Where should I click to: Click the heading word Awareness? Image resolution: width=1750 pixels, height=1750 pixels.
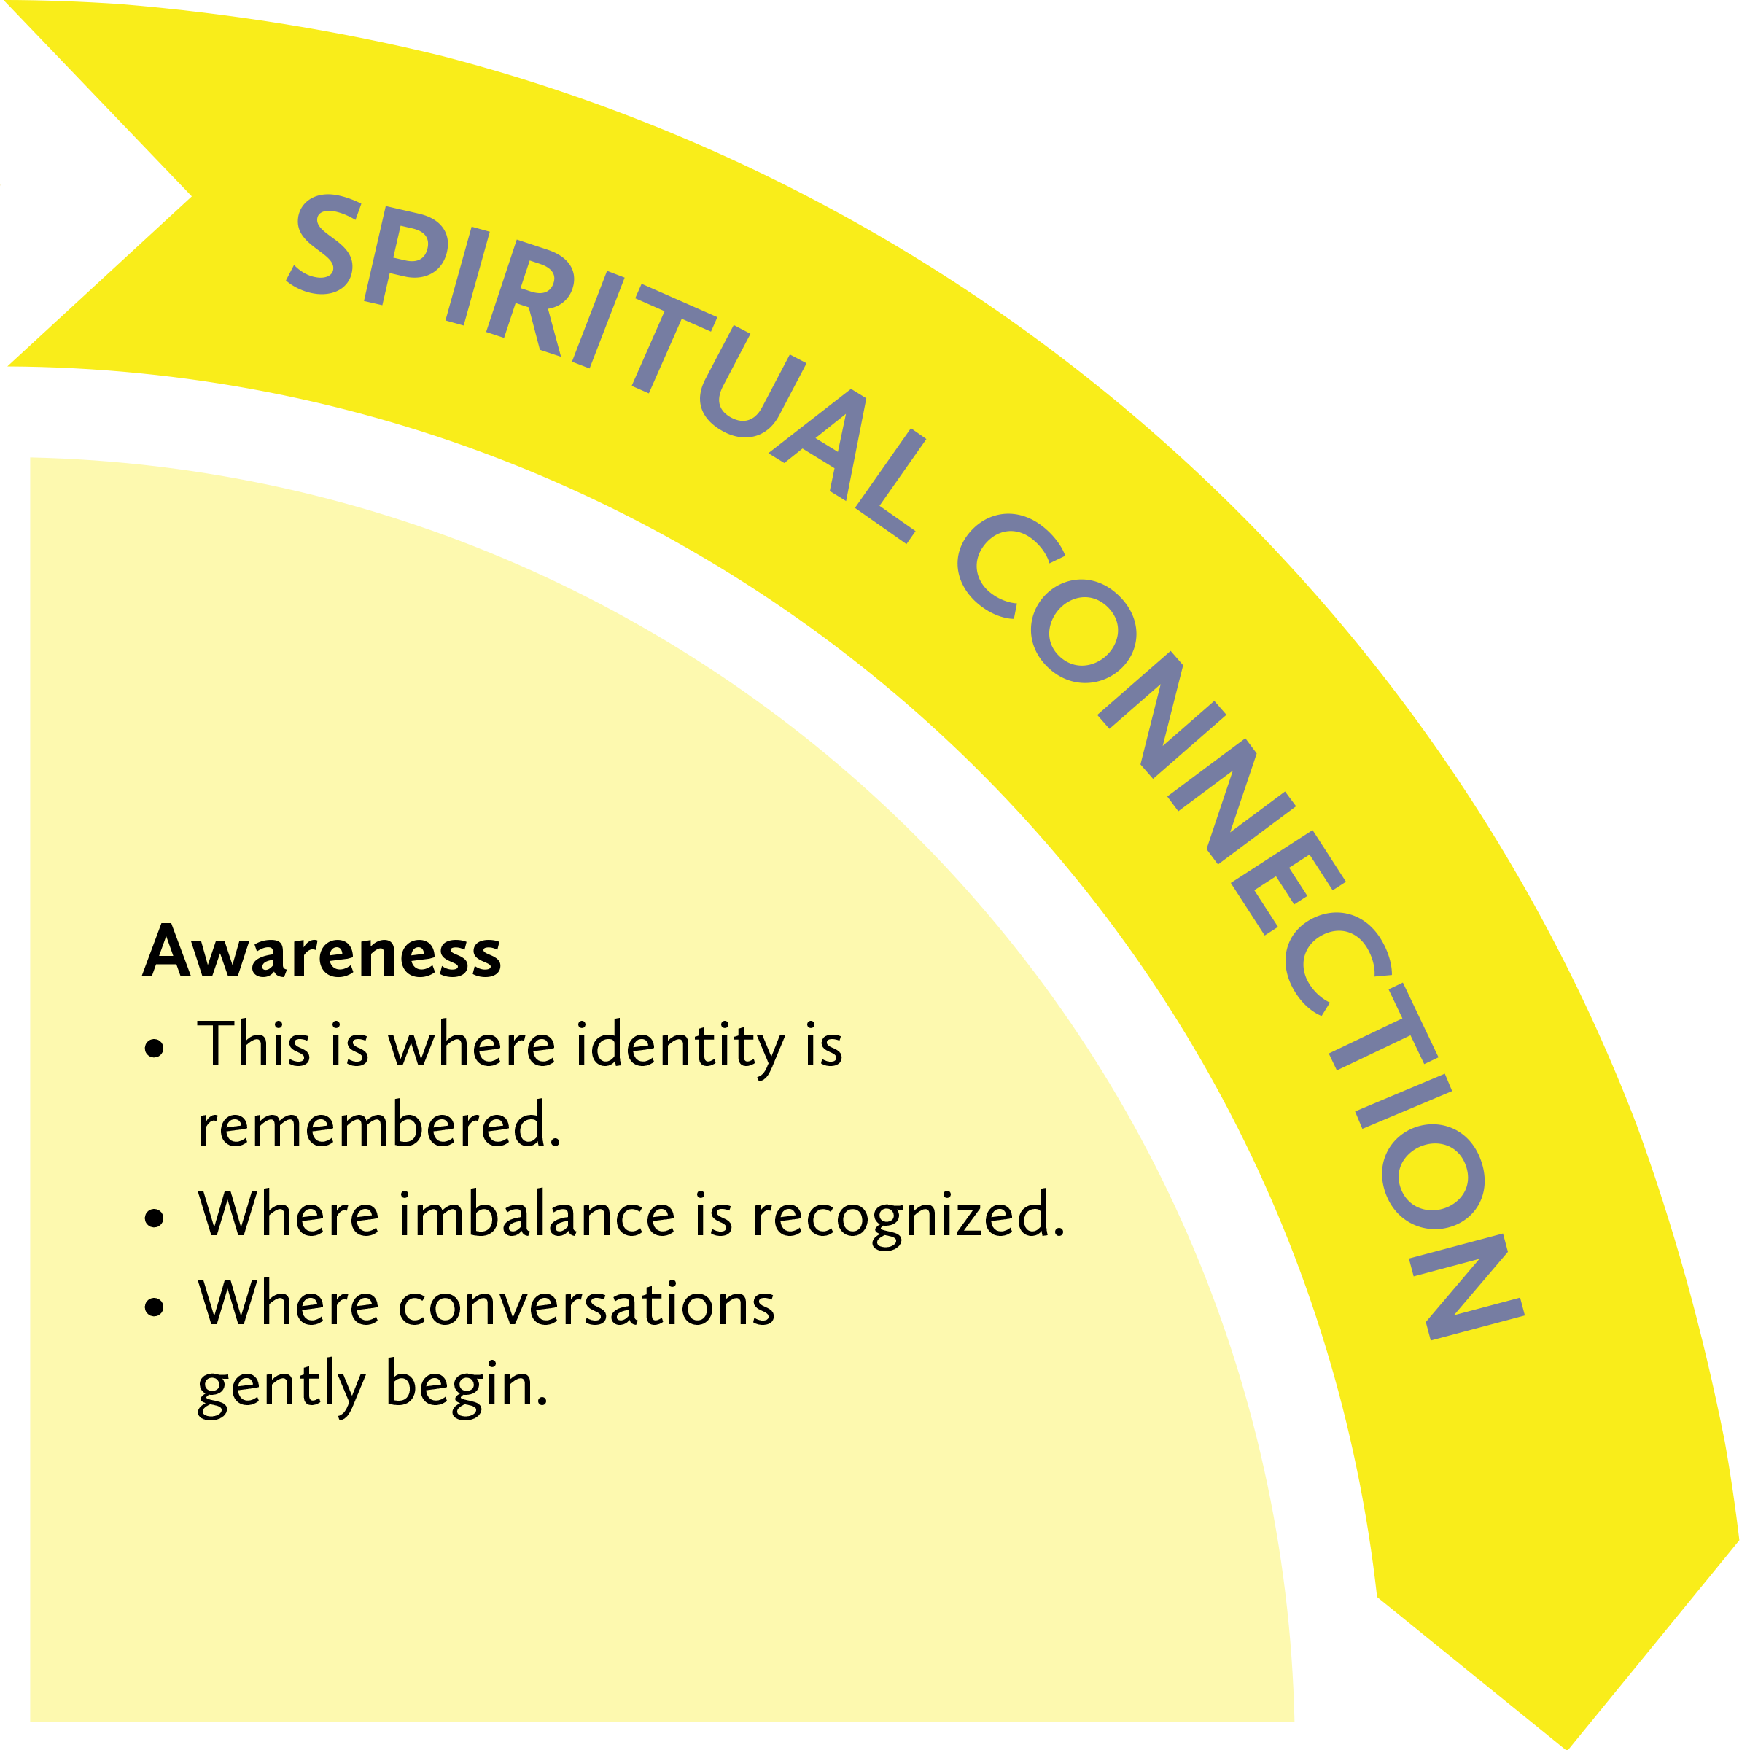322,954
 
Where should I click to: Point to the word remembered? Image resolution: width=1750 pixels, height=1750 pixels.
378,1126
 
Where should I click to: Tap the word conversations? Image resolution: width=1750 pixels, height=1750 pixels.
586,1305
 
